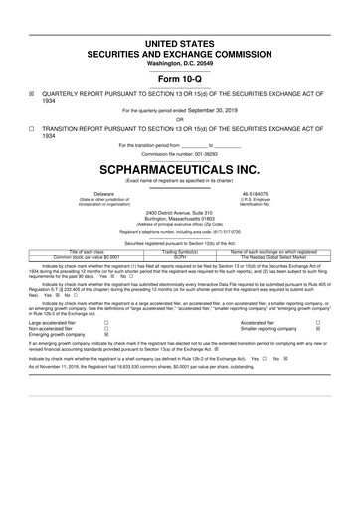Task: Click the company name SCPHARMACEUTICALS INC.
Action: pos(179,169)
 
